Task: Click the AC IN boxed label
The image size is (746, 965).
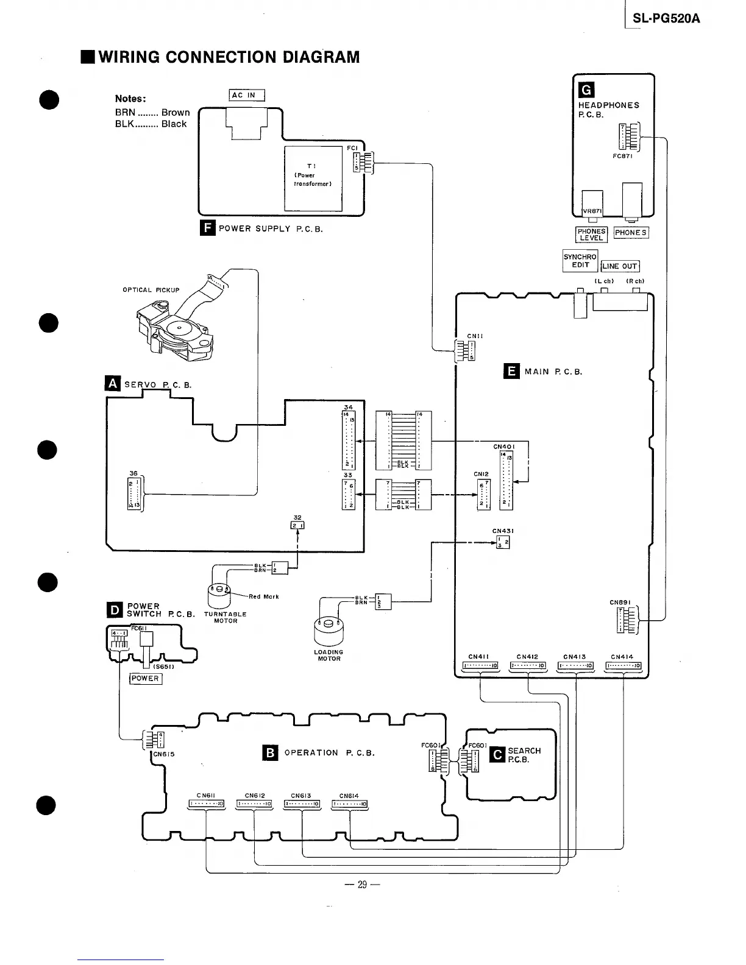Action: pos(247,95)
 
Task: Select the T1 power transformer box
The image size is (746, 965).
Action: pos(313,178)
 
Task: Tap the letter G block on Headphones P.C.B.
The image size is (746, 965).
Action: pos(586,90)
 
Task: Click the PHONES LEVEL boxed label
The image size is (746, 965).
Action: pos(591,235)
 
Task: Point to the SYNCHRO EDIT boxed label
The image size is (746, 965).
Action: pos(580,261)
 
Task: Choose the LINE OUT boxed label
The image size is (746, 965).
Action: pos(620,266)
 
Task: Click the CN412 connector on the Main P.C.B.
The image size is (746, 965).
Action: pos(527,666)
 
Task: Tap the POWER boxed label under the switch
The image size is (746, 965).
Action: pos(146,679)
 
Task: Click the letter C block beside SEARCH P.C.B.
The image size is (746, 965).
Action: pos(498,755)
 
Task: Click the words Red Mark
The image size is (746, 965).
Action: pos(263,596)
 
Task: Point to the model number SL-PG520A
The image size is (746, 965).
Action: pos(666,19)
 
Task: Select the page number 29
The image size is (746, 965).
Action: pos(362,885)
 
